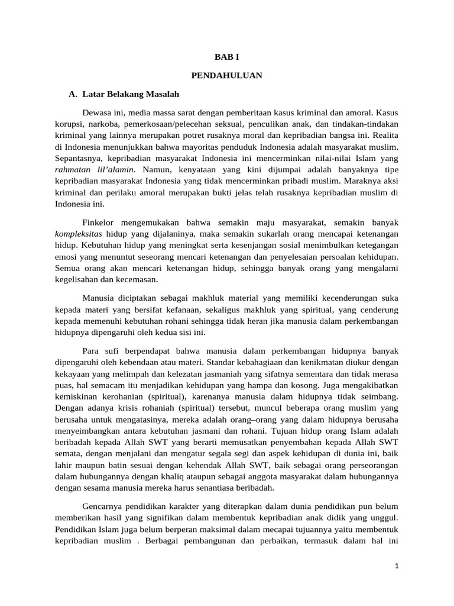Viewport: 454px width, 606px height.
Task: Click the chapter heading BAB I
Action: tap(226, 56)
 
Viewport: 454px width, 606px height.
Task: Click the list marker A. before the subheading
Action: tap(73, 94)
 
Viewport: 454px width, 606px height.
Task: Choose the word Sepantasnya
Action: tap(80, 159)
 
